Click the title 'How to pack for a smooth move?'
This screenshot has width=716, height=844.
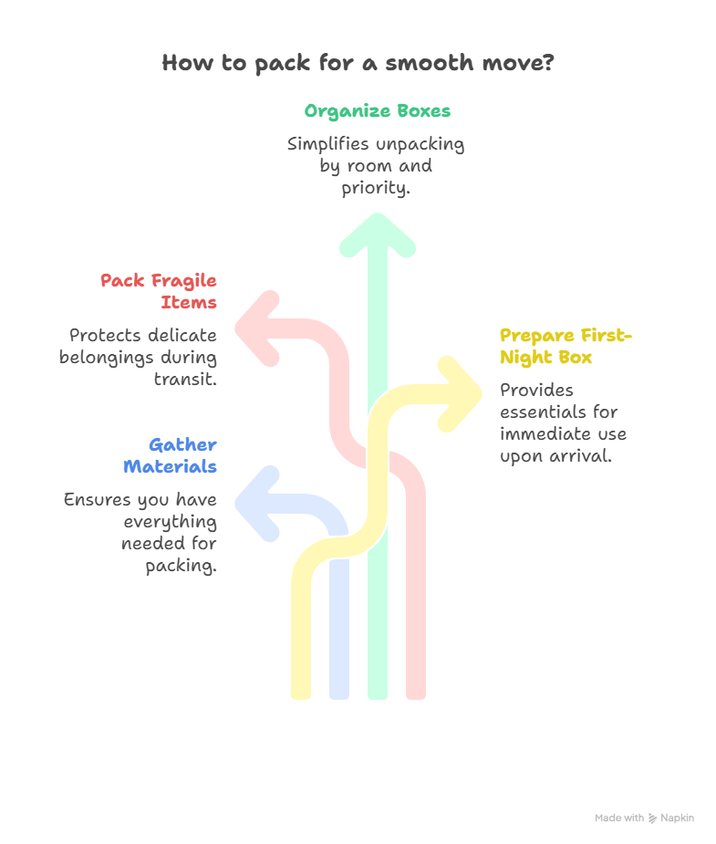(x=358, y=64)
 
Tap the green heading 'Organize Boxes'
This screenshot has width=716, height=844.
(x=377, y=111)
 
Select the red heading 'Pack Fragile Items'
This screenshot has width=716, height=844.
(x=159, y=291)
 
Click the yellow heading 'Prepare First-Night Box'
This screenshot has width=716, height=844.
(x=566, y=347)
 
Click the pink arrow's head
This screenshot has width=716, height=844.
(x=254, y=328)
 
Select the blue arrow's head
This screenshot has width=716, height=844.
(x=254, y=504)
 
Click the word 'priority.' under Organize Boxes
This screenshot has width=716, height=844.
(x=377, y=188)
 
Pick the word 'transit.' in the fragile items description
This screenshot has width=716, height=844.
(x=185, y=379)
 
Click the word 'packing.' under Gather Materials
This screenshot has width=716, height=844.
(x=181, y=566)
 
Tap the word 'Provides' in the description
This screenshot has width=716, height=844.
(x=536, y=391)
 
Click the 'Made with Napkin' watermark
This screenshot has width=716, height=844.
(x=645, y=818)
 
